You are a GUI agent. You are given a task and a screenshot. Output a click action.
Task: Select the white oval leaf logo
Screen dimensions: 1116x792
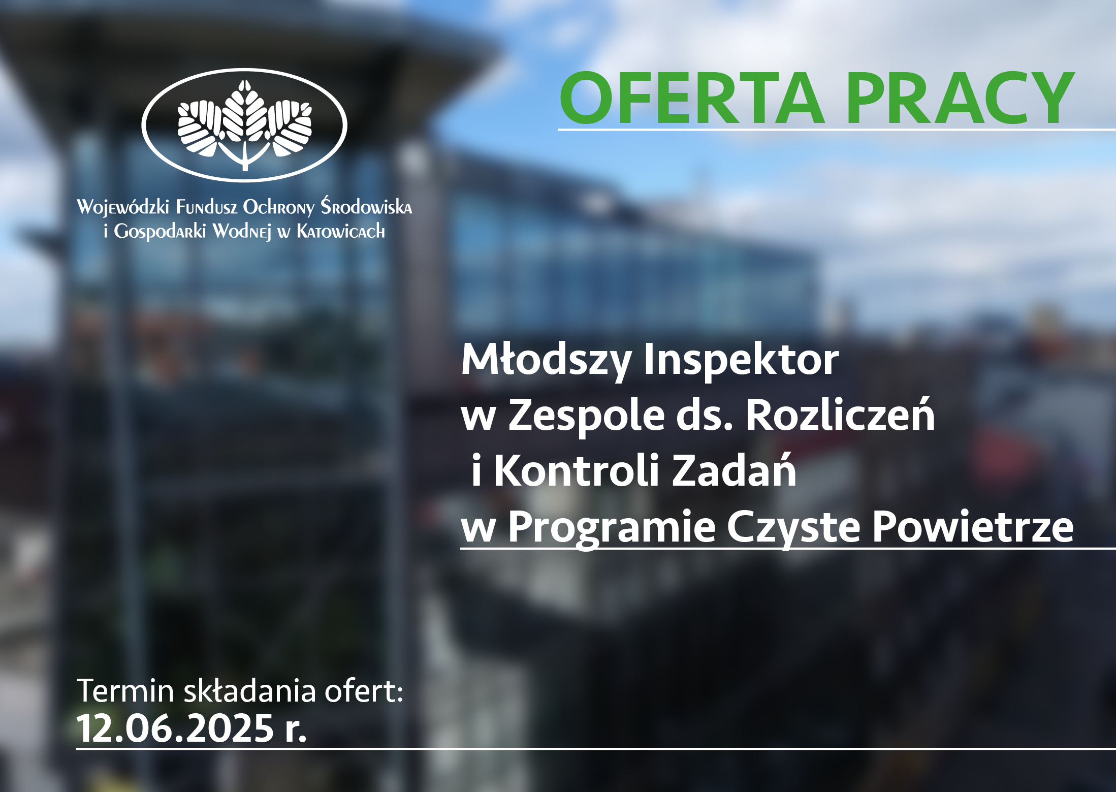244,125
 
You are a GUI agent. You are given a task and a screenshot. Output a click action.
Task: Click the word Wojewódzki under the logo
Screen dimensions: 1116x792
123,207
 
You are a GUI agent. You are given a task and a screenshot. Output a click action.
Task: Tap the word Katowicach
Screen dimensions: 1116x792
341,231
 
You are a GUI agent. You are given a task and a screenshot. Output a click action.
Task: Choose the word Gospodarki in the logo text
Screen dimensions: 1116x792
160,232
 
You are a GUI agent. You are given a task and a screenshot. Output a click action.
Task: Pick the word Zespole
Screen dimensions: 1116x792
587,416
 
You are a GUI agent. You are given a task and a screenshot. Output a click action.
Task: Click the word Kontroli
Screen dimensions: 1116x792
577,470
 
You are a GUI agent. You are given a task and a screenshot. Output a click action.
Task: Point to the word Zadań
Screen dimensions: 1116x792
734,470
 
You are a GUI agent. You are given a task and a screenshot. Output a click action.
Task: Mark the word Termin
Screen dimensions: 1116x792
125,691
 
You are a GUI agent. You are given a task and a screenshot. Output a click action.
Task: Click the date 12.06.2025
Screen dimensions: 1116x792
176,728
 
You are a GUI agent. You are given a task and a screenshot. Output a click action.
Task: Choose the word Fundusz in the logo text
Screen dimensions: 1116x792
207,207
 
